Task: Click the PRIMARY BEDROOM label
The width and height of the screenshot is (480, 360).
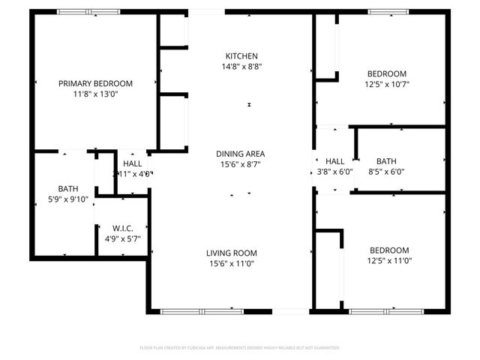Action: click(95, 83)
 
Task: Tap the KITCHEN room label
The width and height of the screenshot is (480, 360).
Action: click(241, 56)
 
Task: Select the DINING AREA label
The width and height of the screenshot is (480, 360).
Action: click(241, 154)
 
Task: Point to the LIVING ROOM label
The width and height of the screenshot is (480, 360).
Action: click(232, 253)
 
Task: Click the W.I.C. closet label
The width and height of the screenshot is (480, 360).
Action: click(122, 228)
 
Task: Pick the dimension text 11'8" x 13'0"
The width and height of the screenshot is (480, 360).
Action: click(95, 94)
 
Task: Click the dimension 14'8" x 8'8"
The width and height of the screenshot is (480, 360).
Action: click(241, 67)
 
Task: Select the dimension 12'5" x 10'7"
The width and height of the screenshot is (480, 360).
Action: click(387, 84)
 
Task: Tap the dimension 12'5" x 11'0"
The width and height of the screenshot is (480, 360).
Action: click(388, 261)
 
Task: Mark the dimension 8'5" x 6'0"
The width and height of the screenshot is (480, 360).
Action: click(387, 172)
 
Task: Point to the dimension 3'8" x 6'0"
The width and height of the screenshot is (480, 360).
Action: click(334, 172)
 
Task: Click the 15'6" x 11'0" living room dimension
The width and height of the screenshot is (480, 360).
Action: click(232, 263)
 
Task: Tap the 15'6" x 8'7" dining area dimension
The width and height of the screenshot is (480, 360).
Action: click(241, 164)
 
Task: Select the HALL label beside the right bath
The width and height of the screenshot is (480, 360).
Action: click(334, 161)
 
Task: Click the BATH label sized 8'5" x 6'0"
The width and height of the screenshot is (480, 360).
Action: click(387, 161)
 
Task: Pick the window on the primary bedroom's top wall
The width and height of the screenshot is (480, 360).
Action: click(88, 12)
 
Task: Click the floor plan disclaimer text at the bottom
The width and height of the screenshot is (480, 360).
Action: click(240, 348)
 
